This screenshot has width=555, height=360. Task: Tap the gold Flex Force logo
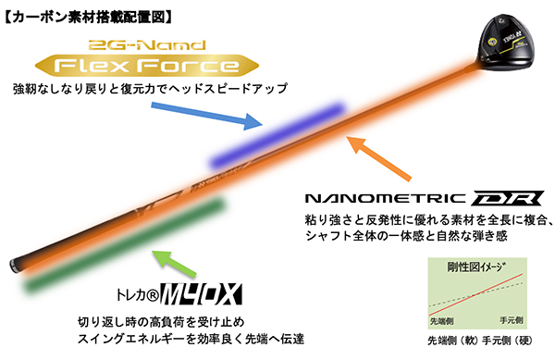149,66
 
